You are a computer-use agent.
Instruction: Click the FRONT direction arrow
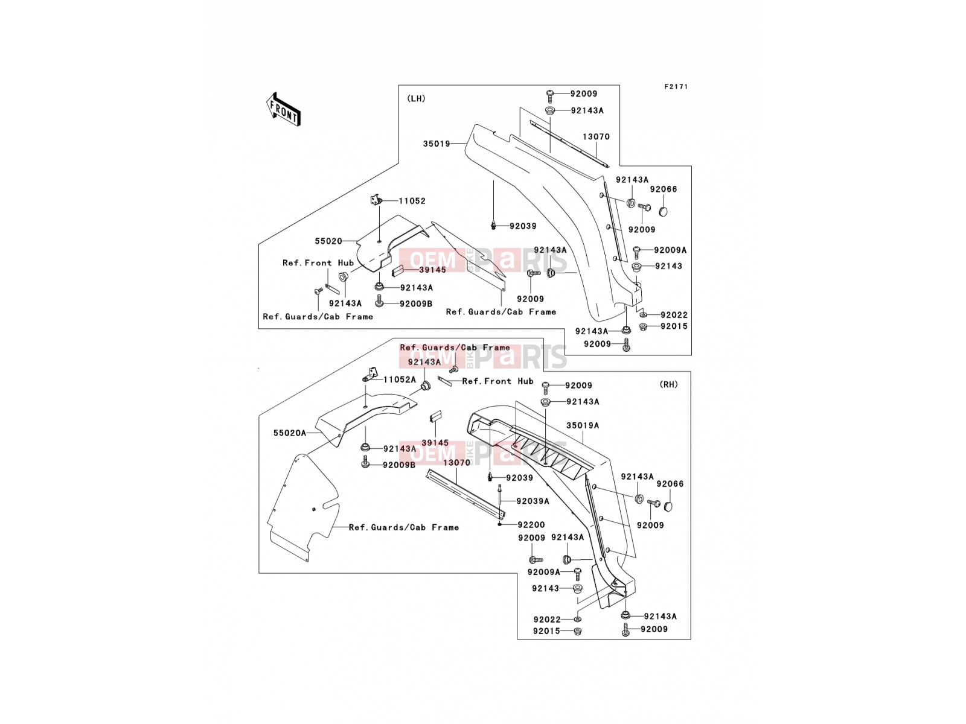tap(283, 110)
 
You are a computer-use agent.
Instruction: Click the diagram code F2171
tap(676, 87)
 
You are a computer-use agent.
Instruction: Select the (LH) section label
tap(416, 98)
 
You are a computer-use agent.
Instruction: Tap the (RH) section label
tap(668, 384)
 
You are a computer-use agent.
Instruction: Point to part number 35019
tap(436, 144)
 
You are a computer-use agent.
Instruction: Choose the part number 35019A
tap(583, 425)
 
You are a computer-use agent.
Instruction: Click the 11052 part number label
tap(412, 201)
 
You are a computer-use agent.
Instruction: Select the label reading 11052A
tap(400, 379)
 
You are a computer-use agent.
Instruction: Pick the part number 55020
tap(328, 241)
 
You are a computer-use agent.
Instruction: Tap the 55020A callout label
tap(290, 433)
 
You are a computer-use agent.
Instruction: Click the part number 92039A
tap(533, 501)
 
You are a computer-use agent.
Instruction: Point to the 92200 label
tap(531, 524)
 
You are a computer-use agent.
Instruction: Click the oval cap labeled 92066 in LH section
tap(663, 211)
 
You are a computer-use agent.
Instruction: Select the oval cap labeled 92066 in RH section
tap(668, 506)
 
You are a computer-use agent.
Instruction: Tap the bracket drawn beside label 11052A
tap(370, 374)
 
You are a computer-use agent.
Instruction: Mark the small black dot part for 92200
tap(500, 524)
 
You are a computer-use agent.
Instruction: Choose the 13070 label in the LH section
tap(596, 137)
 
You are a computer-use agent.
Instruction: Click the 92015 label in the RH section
tap(546, 631)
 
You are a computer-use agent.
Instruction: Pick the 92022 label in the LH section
tap(674, 315)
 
